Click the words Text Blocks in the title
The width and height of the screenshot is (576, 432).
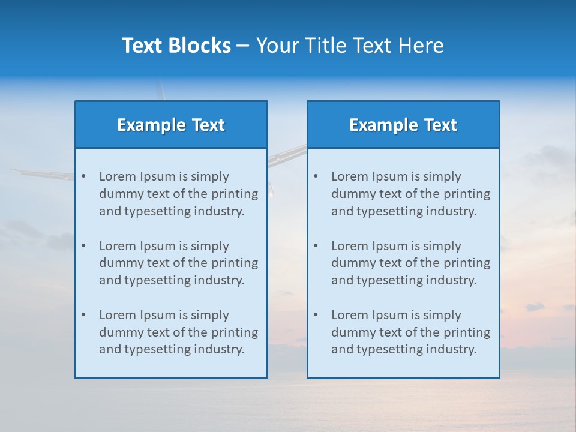pyautogui.click(x=176, y=46)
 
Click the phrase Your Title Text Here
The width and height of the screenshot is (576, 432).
pyautogui.click(x=350, y=46)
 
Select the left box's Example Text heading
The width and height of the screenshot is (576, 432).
pyautogui.click(x=171, y=125)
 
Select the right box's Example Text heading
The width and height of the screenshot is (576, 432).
pyautogui.click(x=403, y=125)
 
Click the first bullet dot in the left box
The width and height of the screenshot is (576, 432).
pyautogui.click(x=83, y=176)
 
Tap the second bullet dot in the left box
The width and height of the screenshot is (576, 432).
pyautogui.click(x=83, y=246)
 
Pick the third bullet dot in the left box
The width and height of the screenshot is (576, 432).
pyautogui.click(x=83, y=315)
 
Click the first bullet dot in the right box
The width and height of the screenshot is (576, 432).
pyautogui.click(x=316, y=176)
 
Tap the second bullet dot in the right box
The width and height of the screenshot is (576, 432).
pyautogui.click(x=316, y=246)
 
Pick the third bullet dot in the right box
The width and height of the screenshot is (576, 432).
pyautogui.click(x=316, y=315)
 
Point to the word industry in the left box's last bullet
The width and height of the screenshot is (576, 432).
pyautogui.click(x=220, y=349)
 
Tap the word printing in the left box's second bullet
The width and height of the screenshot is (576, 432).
pyautogui.click(x=235, y=263)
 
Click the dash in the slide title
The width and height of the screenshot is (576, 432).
pyautogui.click(x=243, y=46)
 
